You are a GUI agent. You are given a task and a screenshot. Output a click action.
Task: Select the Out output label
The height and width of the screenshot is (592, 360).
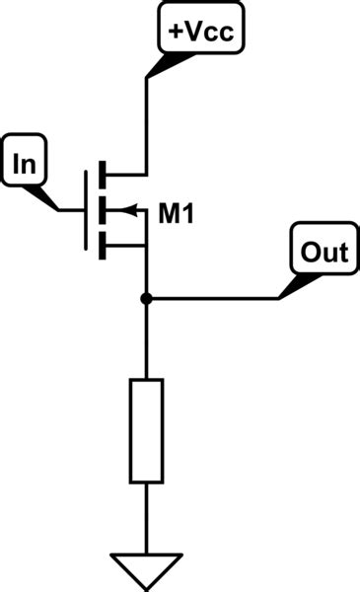click(x=324, y=253)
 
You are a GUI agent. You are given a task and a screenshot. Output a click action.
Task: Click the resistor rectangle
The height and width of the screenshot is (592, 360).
click(x=146, y=430)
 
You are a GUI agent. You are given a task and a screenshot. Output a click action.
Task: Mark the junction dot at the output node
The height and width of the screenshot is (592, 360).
click(x=146, y=298)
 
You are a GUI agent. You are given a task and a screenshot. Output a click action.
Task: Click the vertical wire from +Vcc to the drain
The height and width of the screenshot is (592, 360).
click(x=146, y=123)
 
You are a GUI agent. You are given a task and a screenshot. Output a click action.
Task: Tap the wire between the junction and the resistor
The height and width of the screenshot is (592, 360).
click(x=146, y=340)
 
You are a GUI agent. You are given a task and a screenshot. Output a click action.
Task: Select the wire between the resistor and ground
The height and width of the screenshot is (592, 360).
click(x=146, y=518)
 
